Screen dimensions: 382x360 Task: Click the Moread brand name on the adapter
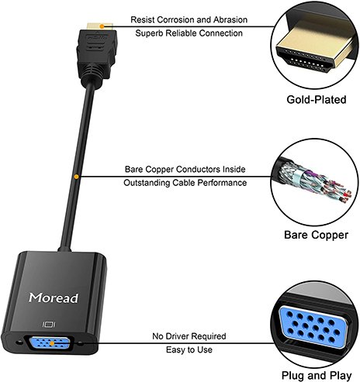coord(54,297)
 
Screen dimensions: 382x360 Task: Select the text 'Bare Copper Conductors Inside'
coord(185,168)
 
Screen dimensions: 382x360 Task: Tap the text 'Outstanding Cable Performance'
coord(185,183)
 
